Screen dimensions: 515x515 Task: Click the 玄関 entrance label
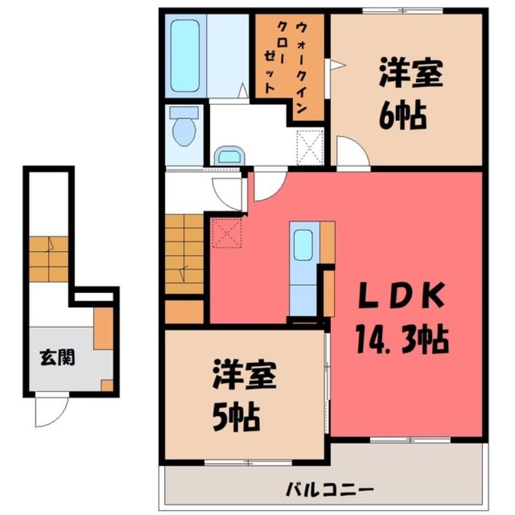(x=57, y=357)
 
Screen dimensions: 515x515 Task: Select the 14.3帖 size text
(x=401, y=339)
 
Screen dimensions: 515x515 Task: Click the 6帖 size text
(x=403, y=116)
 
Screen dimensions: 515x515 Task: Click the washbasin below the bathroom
(x=230, y=156)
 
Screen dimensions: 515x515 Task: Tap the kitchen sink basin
(x=303, y=245)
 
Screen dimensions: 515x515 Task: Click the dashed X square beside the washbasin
(x=310, y=147)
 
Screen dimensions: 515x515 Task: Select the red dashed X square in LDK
(x=227, y=233)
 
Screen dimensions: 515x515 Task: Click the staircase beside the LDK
(x=184, y=254)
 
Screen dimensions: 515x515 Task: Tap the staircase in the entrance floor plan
(x=49, y=259)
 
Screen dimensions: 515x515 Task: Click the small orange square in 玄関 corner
(x=107, y=385)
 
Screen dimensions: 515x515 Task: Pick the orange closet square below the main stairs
(x=184, y=312)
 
